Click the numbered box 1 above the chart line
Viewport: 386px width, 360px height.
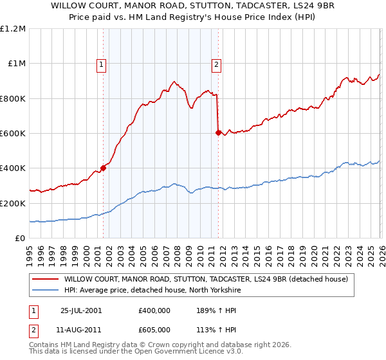pyautogui.click(x=102, y=64)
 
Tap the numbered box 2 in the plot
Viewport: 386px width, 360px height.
pyautogui.click(x=216, y=64)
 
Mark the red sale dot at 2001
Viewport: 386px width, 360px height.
pyautogui.click(x=104, y=168)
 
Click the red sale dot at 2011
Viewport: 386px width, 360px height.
pyautogui.click(x=218, y=132)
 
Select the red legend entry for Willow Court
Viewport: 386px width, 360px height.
pyautogui.click(x=206, y=279)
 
